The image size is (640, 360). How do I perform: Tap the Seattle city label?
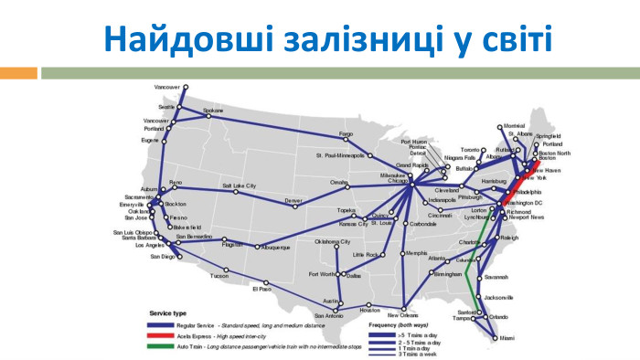(x=165, y=107)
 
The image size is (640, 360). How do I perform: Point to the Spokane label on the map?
(x=212, y=111)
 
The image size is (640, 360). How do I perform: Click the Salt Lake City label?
(x=239, y=185)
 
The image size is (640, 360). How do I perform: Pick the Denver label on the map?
(x=293, y=199)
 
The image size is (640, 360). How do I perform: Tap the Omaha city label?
(x=339, y=182)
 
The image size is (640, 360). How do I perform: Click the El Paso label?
(x=261, y=289)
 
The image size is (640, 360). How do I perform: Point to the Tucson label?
(x=219, y=275)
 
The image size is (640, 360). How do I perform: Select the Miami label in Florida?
(x=507, y=338)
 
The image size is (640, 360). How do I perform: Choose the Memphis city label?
(x=416, y=252)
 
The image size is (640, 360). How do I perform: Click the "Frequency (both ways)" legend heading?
(x=400, y=325)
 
